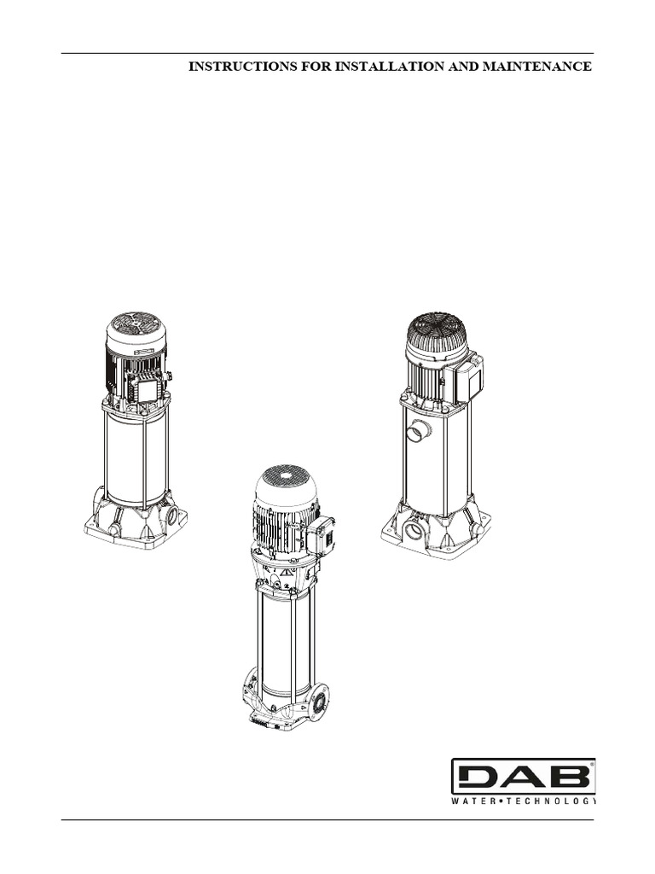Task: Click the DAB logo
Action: [523, 777]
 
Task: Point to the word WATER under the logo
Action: [472, 801]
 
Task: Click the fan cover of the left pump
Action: [136, 324]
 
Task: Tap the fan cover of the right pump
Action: [436, 328]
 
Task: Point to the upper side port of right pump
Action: [418, 432]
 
